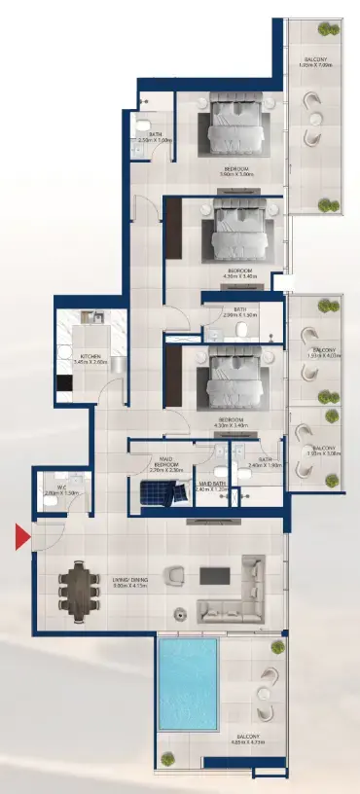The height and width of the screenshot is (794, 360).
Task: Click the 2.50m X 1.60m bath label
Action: tap(155, 137)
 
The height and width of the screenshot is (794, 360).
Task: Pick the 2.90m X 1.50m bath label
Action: tap(239, 312)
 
